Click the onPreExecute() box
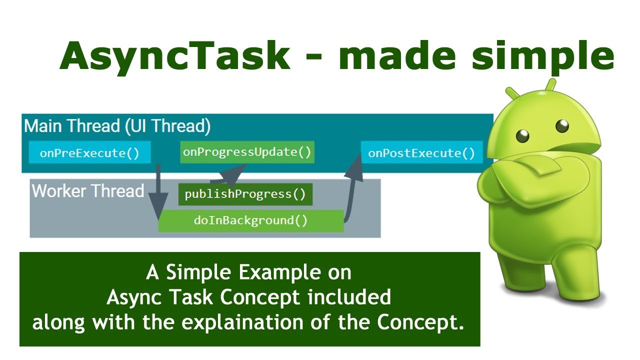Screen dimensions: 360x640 tap(89, 153)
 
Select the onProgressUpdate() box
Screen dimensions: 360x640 tap(247, 152)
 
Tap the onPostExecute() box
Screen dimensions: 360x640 tap(421, 153)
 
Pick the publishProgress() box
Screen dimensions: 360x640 tap(245, 194)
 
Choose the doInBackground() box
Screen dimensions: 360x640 tap(250, 220)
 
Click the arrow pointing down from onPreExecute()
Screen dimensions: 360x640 tap(158, 192)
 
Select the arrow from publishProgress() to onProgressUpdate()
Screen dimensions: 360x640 tap(227, 175)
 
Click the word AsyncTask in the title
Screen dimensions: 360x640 tap(174, 55)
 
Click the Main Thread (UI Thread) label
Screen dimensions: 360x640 tap(117, 126)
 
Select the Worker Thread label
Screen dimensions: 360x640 tap(88, 191)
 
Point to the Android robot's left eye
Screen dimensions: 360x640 tap(523, 134)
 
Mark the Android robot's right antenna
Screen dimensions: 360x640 tap(550, 84)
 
